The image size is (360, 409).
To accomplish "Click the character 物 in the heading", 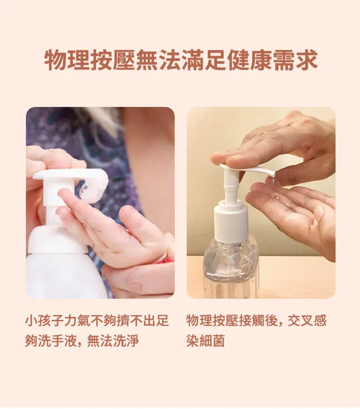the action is tap(55, 60).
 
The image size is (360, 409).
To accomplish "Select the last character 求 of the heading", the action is tap(307, 60).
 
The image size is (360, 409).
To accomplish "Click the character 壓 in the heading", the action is tap(123, 60).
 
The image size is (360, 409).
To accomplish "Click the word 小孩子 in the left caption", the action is tap(45, 321).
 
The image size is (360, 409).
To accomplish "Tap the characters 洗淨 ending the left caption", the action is tap(126, 341).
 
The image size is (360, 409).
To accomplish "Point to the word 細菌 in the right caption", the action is tap(212, 341).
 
